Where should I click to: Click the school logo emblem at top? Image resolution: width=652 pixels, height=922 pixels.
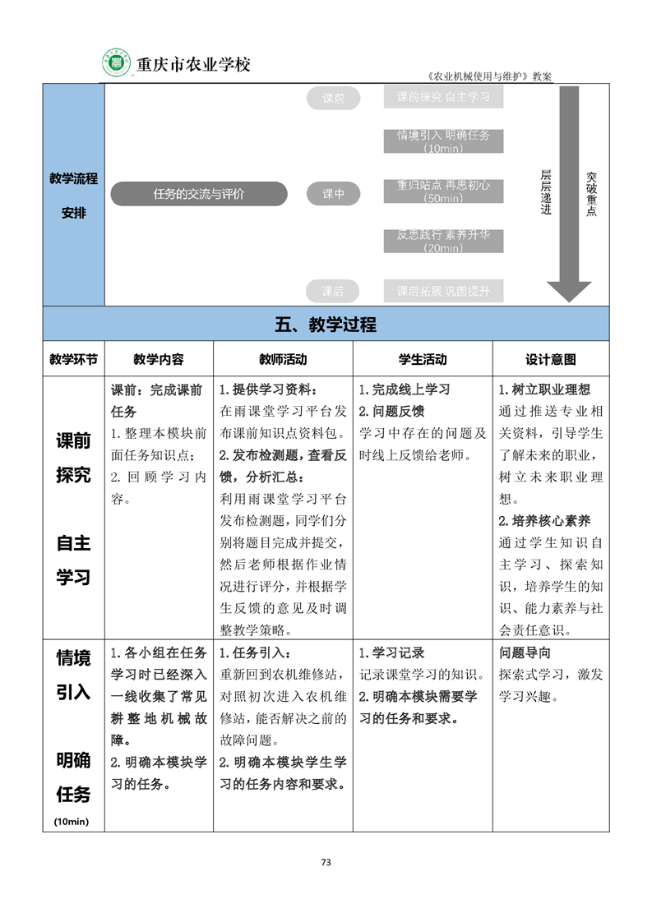coord(117,63)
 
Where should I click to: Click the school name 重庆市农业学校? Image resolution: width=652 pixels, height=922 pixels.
coord(192,64)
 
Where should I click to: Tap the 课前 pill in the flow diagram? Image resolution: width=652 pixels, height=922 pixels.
coord(333,99)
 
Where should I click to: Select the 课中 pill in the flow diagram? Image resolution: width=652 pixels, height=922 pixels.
coord(333,195)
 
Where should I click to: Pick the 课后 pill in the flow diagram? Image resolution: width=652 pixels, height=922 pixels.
coord(333,291)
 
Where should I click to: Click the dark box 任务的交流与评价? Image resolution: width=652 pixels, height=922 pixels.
coord(199,195)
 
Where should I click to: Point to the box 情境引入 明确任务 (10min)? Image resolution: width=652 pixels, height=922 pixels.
coord(443,141)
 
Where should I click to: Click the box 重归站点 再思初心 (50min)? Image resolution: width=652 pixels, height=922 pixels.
coord(443,191)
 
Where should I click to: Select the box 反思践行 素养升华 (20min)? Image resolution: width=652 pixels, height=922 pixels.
coord(443,241)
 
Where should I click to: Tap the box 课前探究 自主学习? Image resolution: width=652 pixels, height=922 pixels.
coord(443,97)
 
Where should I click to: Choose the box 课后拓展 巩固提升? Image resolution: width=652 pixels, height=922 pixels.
coord(443,291)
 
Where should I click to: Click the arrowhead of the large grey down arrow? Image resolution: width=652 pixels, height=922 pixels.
coord(569,291)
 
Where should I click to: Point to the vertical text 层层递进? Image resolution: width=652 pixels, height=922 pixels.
coord(546,192)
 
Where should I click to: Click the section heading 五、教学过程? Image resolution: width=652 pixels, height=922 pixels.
coord(326,324)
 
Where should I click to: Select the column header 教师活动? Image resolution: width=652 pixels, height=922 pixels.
coord(283,359)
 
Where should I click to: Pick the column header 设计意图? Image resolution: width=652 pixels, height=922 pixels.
coord(550,359)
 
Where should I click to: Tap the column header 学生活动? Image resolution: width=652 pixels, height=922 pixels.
coord(423,359)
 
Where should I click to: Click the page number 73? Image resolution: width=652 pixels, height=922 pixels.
coord(326,862)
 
